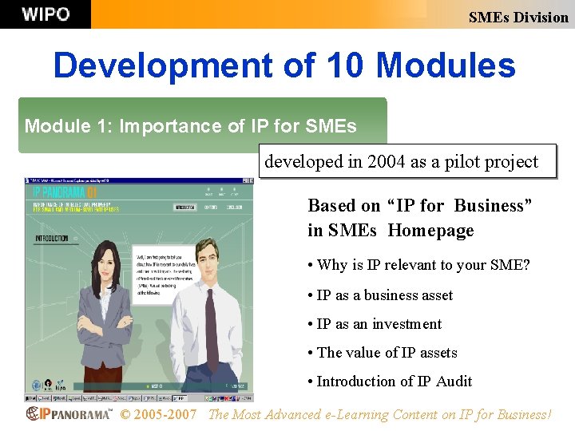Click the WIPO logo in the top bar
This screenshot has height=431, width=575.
[x=46, y=14]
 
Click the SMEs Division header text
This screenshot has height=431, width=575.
[x=517, y=17]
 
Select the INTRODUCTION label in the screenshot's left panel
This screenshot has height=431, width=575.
[x=51, y=238]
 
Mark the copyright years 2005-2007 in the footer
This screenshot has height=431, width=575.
[x=158, y=414]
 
